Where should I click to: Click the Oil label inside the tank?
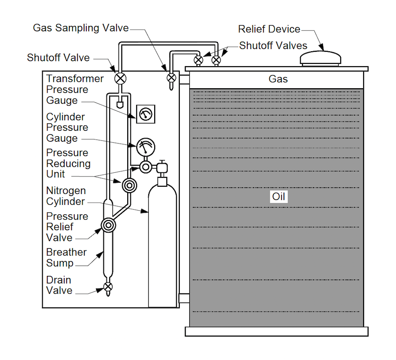[x=279, y=197]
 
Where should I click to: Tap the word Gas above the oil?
[x=278, y=79]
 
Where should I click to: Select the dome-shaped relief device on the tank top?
[x=320, y=58]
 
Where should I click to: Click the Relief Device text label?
[x=269, y=29]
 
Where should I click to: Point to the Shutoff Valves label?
[x=273, y=45]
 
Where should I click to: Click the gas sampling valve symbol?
[x=171, y=77]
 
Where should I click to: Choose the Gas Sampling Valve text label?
[x=81, y=28]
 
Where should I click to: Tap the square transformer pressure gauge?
[x=146, y=114]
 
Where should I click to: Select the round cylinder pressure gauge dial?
[x=146, y=147]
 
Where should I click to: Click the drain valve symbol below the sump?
[x=108, y=287]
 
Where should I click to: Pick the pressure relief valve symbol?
[x=108, y=225]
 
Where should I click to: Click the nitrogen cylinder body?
[x=162, y=243]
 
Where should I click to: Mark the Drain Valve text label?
[x=59, y=285]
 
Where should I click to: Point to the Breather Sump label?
[x=66, y=257]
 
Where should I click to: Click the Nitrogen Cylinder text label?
[x=66, y=196]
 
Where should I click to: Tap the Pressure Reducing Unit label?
[x=68, y=163]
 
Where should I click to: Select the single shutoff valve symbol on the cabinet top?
[x=120, y=78]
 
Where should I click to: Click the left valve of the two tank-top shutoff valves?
[x=198, y=60]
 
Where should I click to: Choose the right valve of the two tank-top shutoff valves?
[x=216, y=60]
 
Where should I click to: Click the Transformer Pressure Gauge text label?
[x=75, y=90]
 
